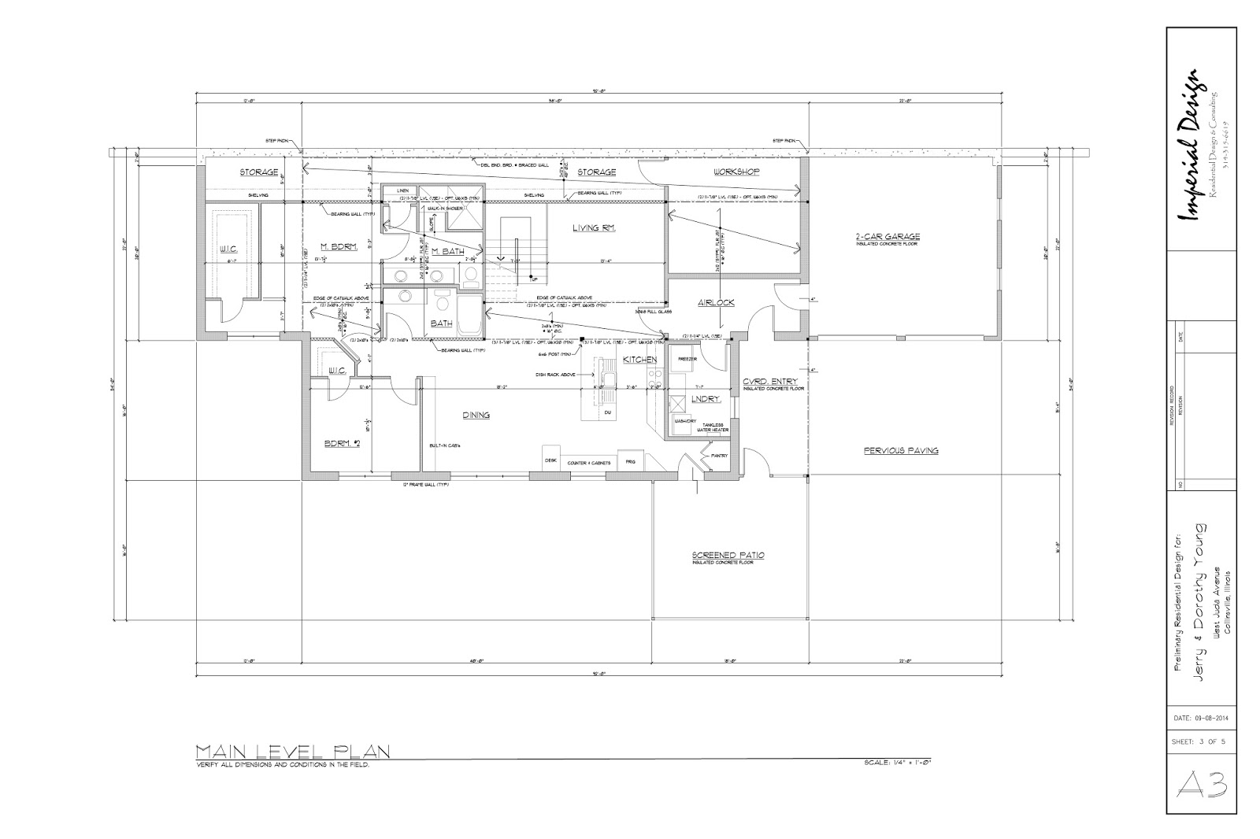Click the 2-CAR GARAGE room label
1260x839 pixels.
[x=888, y=236]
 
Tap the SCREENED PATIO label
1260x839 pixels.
[x=728, y=555]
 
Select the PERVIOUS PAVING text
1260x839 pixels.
[x=900, y=451]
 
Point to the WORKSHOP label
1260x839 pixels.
[x=736, y=172]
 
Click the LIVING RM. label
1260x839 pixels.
[x=593, y=228]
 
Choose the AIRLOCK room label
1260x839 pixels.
[x=716, y=302]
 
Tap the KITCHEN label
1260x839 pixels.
[x=639, y=360]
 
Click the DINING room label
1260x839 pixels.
[x=476, y=415]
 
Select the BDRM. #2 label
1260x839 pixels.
[x=342, y=444]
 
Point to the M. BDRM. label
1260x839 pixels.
[x=340, y=247]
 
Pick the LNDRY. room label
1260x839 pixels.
[x=706, y=399]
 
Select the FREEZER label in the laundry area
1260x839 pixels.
[x=687, y=359]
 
